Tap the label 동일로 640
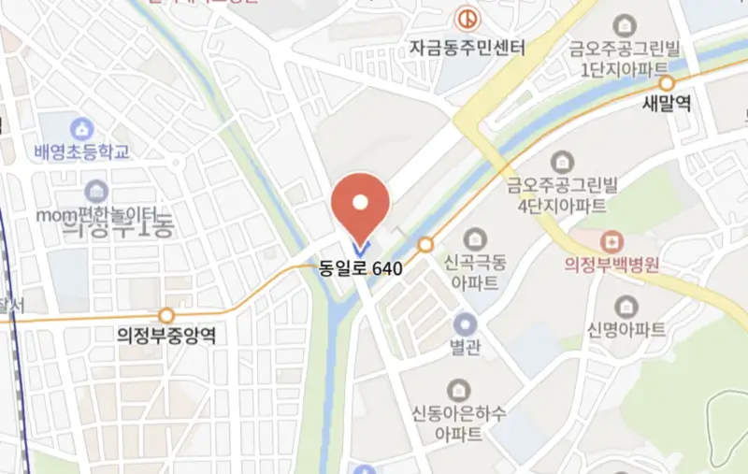click(361, 268)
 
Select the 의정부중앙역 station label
click(166, 335)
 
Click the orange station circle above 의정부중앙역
click(166, 316)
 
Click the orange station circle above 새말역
click(667, 84)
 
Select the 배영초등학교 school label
click(81, 151)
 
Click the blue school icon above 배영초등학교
click(82, 127)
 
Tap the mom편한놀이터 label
click(95, 215)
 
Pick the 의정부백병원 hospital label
click(612, 264)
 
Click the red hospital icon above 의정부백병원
click(612, 240)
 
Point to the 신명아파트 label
click(626, 329)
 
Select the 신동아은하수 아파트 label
click(458, 423)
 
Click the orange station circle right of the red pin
click(426, 245)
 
